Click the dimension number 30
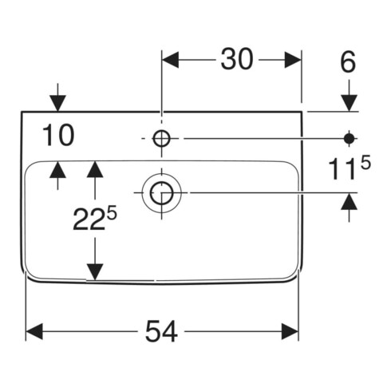click(x=237, y=59)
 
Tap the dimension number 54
click(x=161, y=331)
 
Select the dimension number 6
click(x=348, y=63)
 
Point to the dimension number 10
click(x=59, y=136)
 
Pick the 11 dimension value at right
click(x=342, y=170)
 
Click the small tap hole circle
click(x=161, y=138)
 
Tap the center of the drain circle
click(x=161, y=193)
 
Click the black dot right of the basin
click(x=350, y=138)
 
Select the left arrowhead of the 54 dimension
click(x=34, y=331)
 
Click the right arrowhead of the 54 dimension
click(x=290, y=331)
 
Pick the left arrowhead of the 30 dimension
click(x=171, y=60)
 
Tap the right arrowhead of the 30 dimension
click(x=293, y=60)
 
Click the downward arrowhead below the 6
click(x=350, y=103)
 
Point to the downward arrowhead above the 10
click(x=58, y=103)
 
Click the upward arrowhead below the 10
click(x=58, y=170)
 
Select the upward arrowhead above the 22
click(x=95, y=169)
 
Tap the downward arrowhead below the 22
click(x=95, y=272)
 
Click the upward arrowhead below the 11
click(x=350, y=201)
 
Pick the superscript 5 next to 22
click(x=113, y=214)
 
